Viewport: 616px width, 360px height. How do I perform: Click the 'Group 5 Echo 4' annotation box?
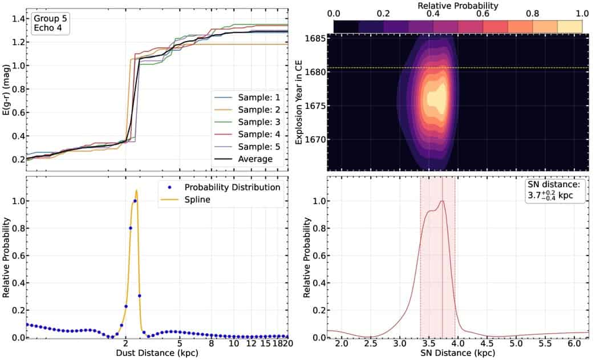(x=50, y=23)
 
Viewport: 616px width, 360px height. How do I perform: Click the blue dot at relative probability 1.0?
(x=135, y=201)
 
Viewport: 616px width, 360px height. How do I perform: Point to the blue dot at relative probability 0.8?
(x=131, y=228)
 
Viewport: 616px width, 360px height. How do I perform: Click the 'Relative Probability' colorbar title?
(x=457, y=5)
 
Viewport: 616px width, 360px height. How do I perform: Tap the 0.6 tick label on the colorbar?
(x=483, y=14)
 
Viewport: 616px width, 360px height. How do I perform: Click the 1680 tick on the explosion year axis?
(x=315, y=72)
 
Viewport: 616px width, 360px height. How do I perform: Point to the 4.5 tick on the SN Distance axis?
(x=487, y=345)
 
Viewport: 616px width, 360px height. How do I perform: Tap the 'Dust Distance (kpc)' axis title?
(x=157, y=354)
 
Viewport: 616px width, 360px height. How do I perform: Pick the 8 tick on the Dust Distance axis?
(x=212, y=345)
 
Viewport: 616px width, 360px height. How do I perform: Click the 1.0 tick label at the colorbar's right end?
(x=582, y=14)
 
